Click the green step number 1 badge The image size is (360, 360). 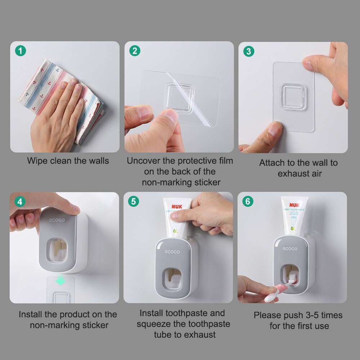21,51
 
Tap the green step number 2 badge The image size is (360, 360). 134,51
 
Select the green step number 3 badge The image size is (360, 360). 248,51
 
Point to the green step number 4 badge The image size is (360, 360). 20,202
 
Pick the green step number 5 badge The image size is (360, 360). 134,201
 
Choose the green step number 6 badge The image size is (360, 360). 247,201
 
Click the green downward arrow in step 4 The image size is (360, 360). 60,281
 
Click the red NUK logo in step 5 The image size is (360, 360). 177,207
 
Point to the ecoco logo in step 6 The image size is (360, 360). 290,249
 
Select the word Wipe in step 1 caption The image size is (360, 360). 37,161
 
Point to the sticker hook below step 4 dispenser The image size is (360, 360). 60,297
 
